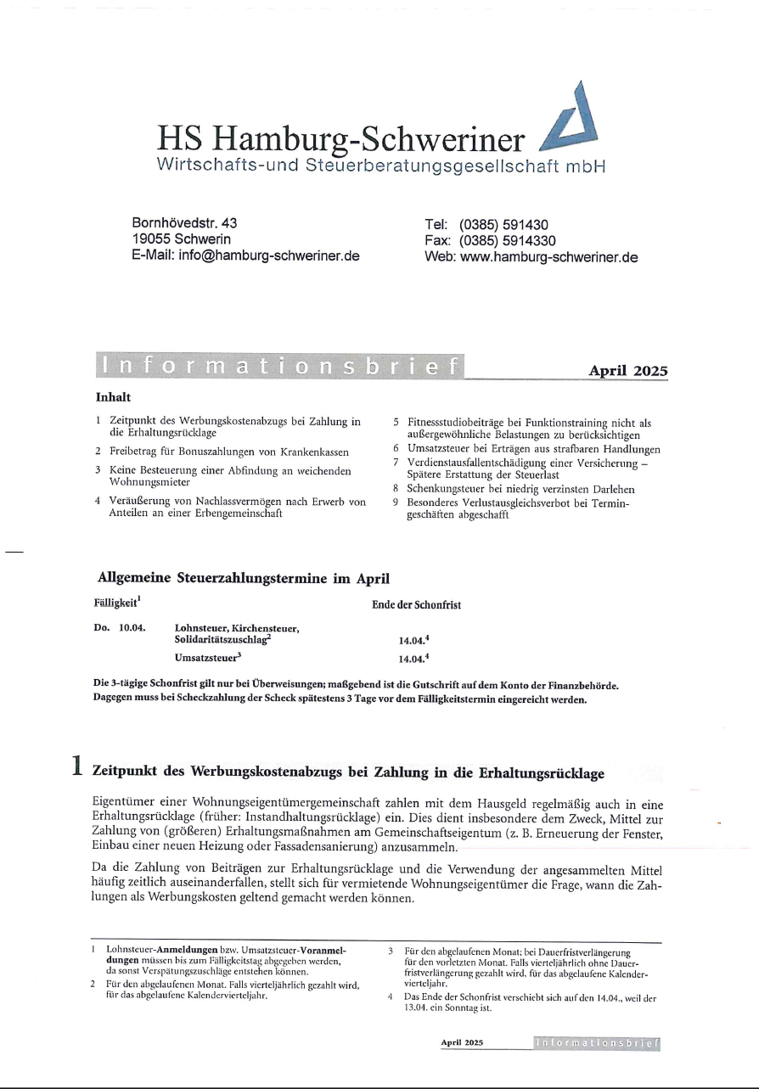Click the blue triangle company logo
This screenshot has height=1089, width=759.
click(x=570, y=118)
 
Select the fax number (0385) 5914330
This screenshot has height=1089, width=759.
click(x=512, y=240)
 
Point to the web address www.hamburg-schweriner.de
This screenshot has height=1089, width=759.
click(x=548, y=256)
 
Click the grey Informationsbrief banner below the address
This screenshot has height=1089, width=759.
click(x=281, y=367)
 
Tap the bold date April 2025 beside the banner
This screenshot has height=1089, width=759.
click(x=628, y=371)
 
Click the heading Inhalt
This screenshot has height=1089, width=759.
click(x=112, y=396)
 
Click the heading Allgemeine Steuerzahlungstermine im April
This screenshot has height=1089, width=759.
click(x=245, y=580)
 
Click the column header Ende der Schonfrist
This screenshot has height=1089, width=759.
click(x=417, y=605)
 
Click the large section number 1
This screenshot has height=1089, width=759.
click(x=77, y=766)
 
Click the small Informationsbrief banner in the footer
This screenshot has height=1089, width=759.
click(x=597, y=1042)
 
